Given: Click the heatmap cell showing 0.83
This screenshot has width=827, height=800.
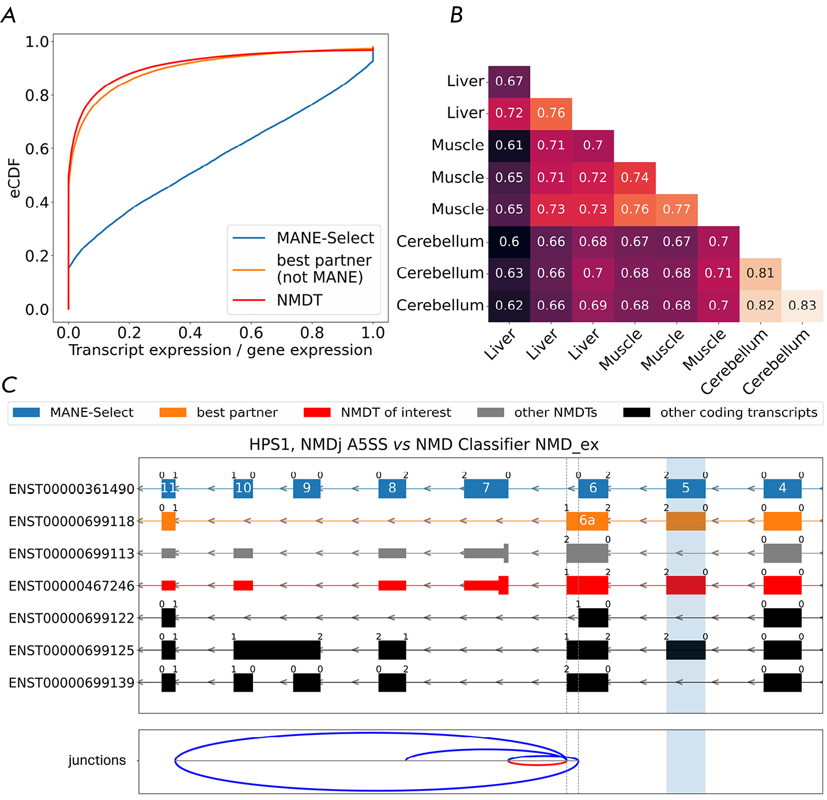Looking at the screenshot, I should click(802, 305).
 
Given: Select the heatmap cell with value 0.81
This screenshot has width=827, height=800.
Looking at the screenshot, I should click(760, 273).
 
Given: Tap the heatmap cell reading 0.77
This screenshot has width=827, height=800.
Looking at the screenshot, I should click(677, 209).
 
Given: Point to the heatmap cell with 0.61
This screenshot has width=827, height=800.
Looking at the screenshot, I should click(509, 145).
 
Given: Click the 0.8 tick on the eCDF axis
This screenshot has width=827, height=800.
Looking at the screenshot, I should click(37, 95).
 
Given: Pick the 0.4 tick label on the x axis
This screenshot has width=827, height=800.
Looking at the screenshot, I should click(190, 333).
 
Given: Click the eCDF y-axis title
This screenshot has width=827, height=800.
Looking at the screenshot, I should click(14, 178).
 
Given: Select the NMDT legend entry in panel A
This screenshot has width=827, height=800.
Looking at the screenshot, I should click(299, 300).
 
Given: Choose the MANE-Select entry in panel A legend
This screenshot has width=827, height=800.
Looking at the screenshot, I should click(325, 238).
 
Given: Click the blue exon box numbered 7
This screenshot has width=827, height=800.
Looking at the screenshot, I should click(486, 488).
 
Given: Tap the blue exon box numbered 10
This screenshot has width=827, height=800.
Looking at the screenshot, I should click(243, 488).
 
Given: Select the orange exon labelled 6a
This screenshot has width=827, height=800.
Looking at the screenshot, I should click(587, 520).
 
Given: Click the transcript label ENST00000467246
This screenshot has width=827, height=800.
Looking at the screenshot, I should click(71, 586).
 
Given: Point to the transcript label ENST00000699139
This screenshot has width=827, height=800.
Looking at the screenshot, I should click(71, 683).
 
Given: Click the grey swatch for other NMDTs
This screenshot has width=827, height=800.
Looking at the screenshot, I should click(490, 413).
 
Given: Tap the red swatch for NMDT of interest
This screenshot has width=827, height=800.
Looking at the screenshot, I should click(317, 413).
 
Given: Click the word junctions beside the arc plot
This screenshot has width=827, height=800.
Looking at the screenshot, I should click(97, 761).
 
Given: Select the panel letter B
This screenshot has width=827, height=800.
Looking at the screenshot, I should click(456, 16).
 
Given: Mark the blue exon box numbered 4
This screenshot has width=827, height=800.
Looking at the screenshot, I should click(782, 488).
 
